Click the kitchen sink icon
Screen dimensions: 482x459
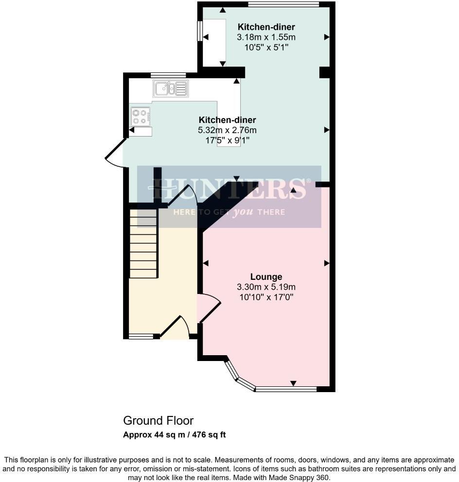170,88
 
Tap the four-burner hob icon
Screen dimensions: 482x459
140,116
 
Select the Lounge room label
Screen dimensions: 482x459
266,277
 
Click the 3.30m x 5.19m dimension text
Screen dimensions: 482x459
266,287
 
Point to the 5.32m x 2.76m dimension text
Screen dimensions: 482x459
227,130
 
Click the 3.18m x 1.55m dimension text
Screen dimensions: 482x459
266,37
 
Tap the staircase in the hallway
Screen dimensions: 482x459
143,243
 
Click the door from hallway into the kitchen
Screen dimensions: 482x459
184,197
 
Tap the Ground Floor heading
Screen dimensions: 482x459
158,420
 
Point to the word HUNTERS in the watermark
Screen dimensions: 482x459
229,189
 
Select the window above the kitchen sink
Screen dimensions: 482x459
168,75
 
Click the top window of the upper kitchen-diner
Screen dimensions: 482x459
283,4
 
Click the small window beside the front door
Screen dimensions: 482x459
141,336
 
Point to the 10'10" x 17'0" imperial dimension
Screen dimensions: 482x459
266,296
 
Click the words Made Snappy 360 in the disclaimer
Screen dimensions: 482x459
306,478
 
